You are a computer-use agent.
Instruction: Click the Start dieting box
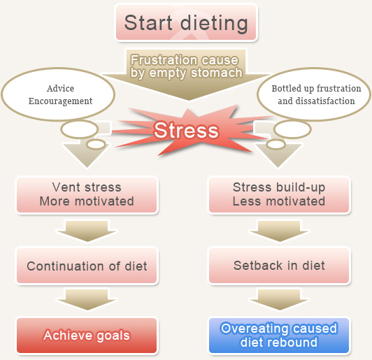(186, 23)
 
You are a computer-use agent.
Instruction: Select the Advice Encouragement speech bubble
(58, 94)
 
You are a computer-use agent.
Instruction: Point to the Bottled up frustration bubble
(314, 94)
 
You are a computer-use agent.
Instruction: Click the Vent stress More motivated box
(87, 195)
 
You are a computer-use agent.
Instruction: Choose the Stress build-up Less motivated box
(279, 195)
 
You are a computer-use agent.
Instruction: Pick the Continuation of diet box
(87, 266)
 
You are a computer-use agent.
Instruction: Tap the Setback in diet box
(279, 266)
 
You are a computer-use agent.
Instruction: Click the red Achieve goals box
(87, 336)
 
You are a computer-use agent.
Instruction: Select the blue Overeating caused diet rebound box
(279, 336)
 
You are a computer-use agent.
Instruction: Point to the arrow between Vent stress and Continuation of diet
(87, 231)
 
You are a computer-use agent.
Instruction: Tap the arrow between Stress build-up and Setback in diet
(279, 231)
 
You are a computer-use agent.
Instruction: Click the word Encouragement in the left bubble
(60, 101)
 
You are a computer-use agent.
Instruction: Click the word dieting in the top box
(214, 24)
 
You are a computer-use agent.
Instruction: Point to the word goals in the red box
(113, 336)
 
